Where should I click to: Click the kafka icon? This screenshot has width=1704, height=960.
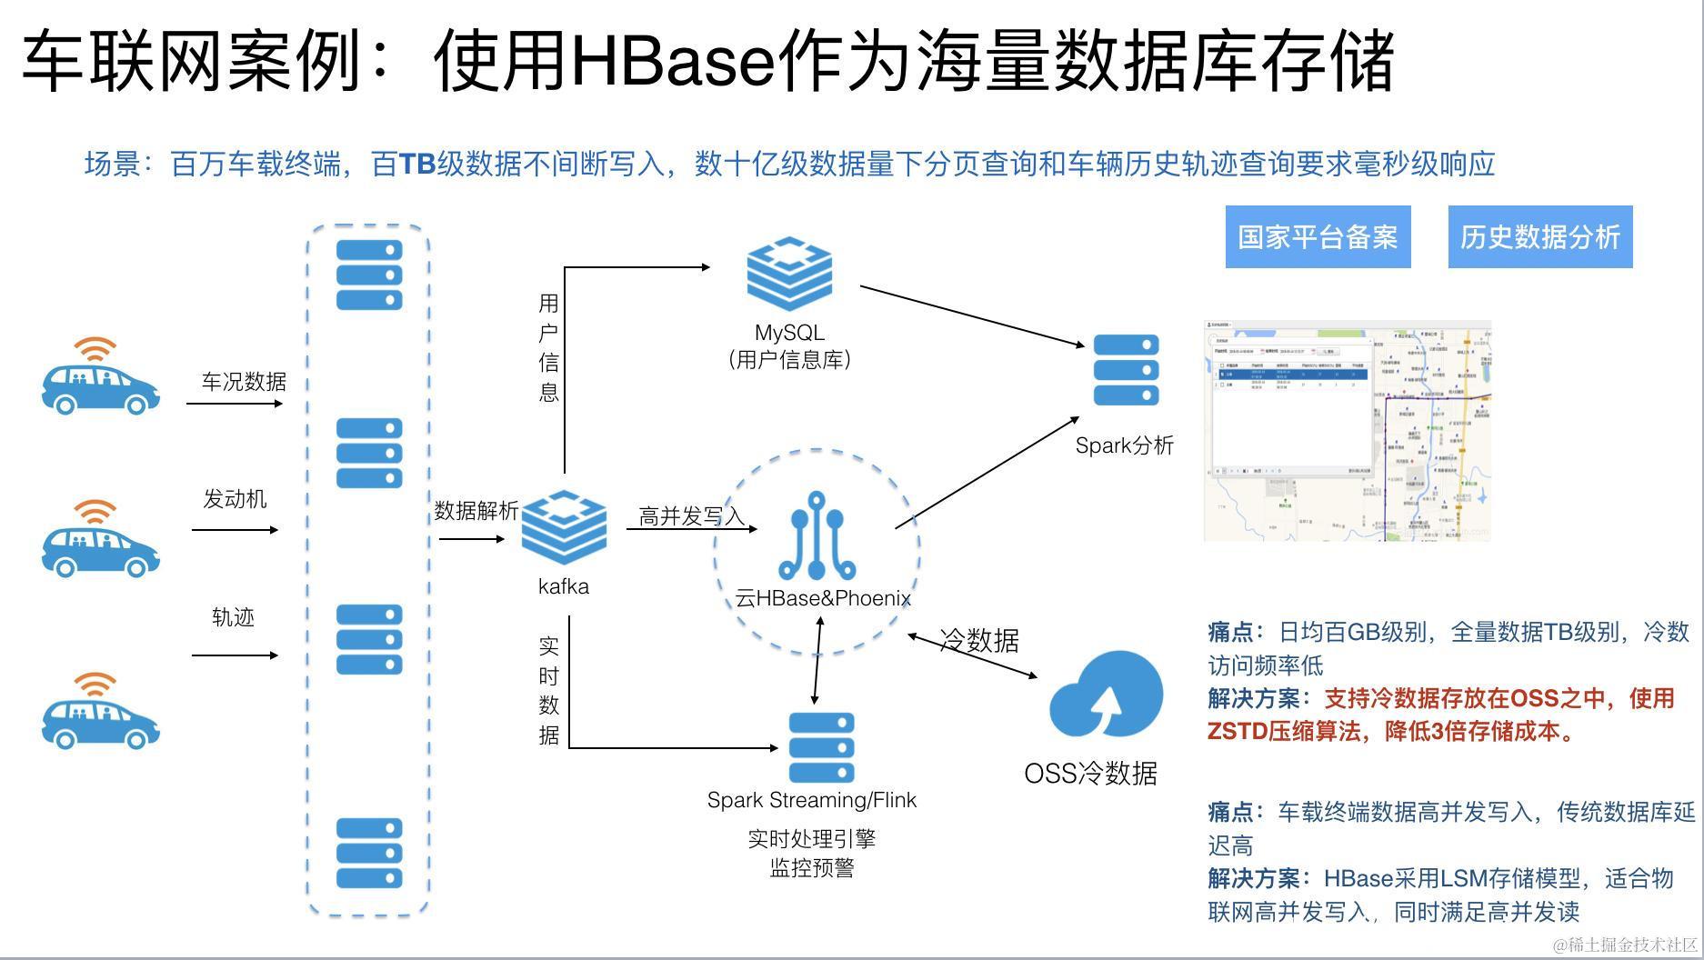click(564, 528)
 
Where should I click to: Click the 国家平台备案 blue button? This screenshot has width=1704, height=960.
click(1318, 237)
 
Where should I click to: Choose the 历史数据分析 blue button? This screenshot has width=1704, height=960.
click(1540, 237)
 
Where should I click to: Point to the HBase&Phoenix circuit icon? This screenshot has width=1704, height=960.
click(817, 536)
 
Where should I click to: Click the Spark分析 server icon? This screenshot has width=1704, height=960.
click(1126, 370)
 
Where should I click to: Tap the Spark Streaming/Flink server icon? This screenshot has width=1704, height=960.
click(821, 747)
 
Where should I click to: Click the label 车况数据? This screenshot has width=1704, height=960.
click(244, 382)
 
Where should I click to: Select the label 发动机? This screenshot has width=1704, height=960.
click(235, 499)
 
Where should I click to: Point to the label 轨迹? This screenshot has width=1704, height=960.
click(233, 617)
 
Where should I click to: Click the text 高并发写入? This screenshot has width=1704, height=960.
click(691, 516)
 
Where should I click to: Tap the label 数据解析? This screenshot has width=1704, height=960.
click(476, 511)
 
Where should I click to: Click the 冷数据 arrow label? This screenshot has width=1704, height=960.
click(978, 640)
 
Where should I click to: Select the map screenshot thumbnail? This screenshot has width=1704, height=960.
click(1348, 431)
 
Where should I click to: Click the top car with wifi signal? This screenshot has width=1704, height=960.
click(100, 377)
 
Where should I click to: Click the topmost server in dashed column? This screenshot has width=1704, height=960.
click(369, 275)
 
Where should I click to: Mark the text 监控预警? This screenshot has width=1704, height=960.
click(812, 868)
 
